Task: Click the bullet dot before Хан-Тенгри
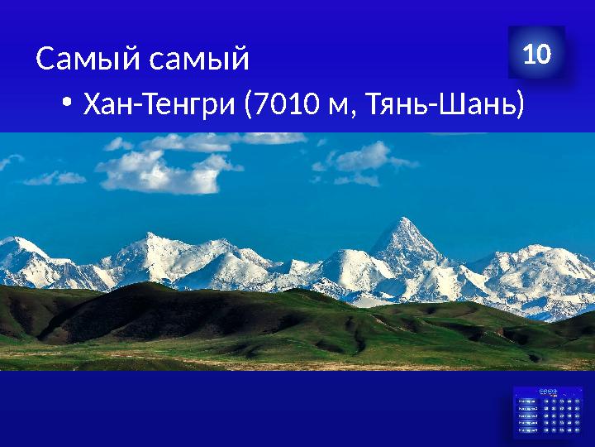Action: (x=66, y=104)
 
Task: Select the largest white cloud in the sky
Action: (x=157, y=169)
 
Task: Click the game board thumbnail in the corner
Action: (x=545, y=410)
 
